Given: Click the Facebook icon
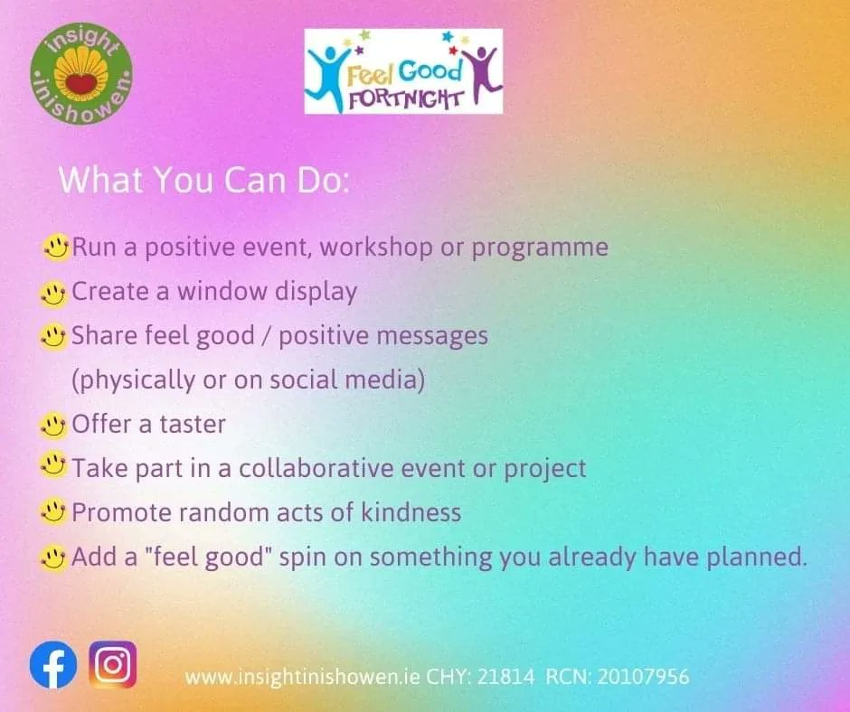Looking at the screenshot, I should click(52, 667).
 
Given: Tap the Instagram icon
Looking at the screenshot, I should click(113, 665).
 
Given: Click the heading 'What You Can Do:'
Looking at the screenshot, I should click(203, 180).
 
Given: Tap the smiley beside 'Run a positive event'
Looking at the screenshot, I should click(55, 247).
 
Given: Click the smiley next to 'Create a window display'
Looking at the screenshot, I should click(55, 292).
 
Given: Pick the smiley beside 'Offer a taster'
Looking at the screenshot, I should click(55, 424).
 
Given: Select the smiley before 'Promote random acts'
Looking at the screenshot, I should click(55, 513).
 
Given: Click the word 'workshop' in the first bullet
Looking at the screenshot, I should click(378, 247).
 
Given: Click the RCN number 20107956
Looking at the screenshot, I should click(646, 676).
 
